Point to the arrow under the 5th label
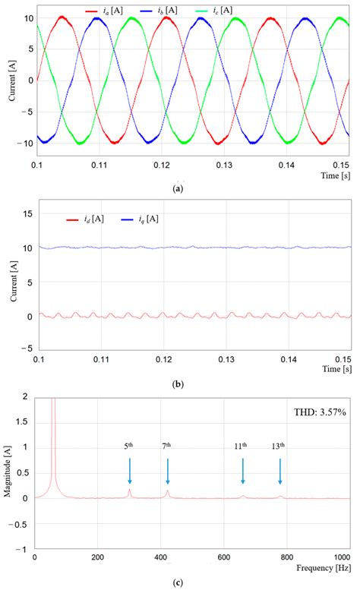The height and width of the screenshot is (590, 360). (130, 471)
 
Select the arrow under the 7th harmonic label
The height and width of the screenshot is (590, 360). (167, 471)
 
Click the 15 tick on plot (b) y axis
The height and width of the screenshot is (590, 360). (25, 214)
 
